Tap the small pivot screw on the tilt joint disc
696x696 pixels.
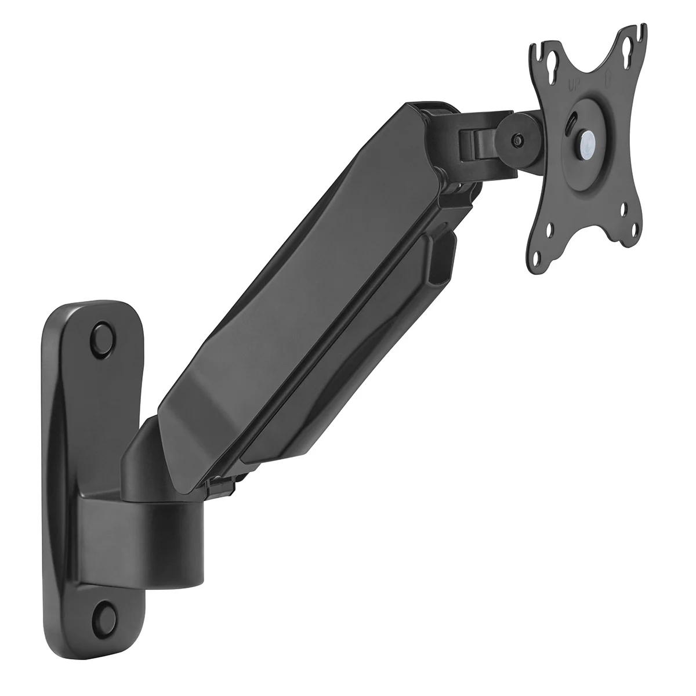[517, 140]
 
